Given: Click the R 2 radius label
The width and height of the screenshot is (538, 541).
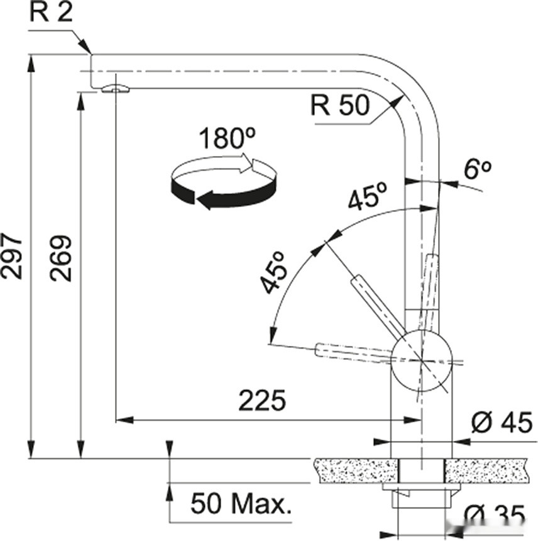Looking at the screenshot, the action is (52, 13).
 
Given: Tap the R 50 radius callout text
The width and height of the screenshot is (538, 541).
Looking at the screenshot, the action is (340, 105).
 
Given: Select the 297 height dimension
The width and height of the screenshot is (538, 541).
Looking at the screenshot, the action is (13, 257).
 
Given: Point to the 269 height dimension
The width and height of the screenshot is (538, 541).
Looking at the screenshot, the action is (61, 259).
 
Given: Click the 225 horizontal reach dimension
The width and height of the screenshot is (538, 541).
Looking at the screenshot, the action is (262, 401).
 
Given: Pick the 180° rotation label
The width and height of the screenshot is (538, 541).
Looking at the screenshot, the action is (228, 138).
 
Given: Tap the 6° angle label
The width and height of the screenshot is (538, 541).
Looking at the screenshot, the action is (477, 169).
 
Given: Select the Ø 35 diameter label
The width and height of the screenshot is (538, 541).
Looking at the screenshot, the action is (495, 515).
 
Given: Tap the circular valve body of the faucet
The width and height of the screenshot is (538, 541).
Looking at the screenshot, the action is (421, 360).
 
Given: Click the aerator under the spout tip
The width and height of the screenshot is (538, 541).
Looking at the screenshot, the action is (116, 89).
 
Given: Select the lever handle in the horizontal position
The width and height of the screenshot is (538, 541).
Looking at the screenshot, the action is (354, 352).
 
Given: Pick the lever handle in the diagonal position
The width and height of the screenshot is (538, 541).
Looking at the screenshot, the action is (378, 304).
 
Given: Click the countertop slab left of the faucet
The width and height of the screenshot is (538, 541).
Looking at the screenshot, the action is (358, 471).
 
